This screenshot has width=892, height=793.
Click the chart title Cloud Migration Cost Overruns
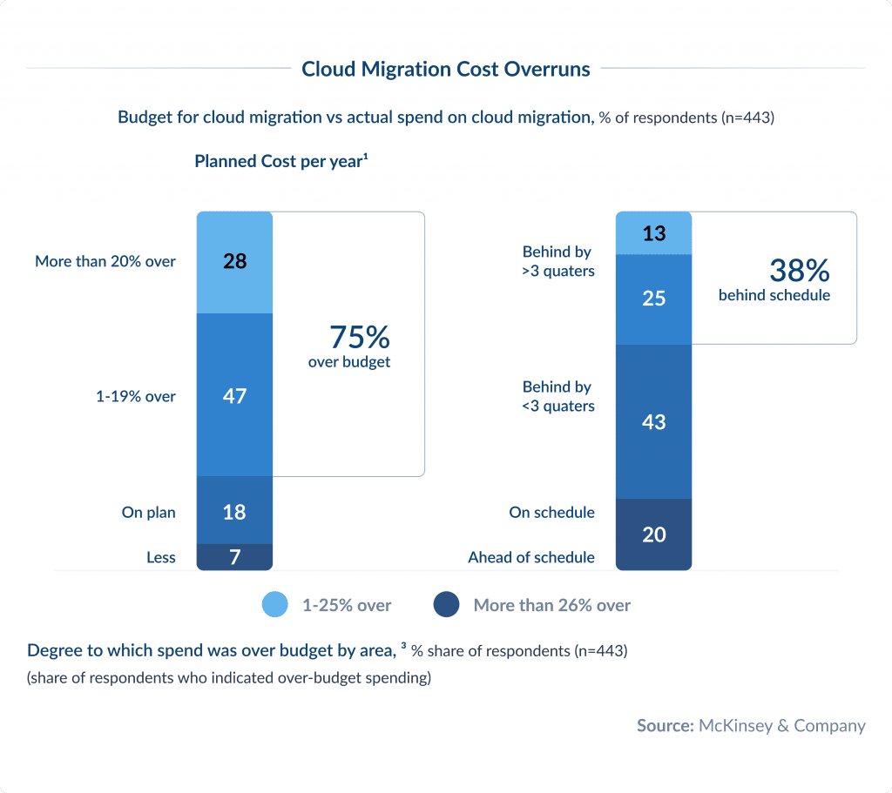(445, 69)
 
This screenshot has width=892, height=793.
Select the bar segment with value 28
(234, 261)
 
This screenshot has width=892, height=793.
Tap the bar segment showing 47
(234, 395)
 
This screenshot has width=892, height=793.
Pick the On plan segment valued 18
(234, 511)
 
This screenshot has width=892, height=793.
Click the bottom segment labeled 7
(234, 557)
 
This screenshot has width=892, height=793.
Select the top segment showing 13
(653, 233)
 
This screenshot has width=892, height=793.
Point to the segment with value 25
(653, 299)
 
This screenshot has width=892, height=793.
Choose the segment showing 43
(653, 421)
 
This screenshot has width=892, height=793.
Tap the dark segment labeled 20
(653, 534)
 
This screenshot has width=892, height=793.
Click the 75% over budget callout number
(359, 337)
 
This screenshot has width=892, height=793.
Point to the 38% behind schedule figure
(798, 271)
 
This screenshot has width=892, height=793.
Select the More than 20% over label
(105, 261)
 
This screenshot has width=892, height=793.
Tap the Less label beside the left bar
(161, 557)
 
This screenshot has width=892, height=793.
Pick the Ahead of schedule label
(531, 557)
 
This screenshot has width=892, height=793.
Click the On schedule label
(551, 513)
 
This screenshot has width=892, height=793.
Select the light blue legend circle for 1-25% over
(275, 605)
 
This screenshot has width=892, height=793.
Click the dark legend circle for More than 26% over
(446, 605)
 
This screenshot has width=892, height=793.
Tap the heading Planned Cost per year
(280, 161)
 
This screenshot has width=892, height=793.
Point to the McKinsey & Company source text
(781, 725)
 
